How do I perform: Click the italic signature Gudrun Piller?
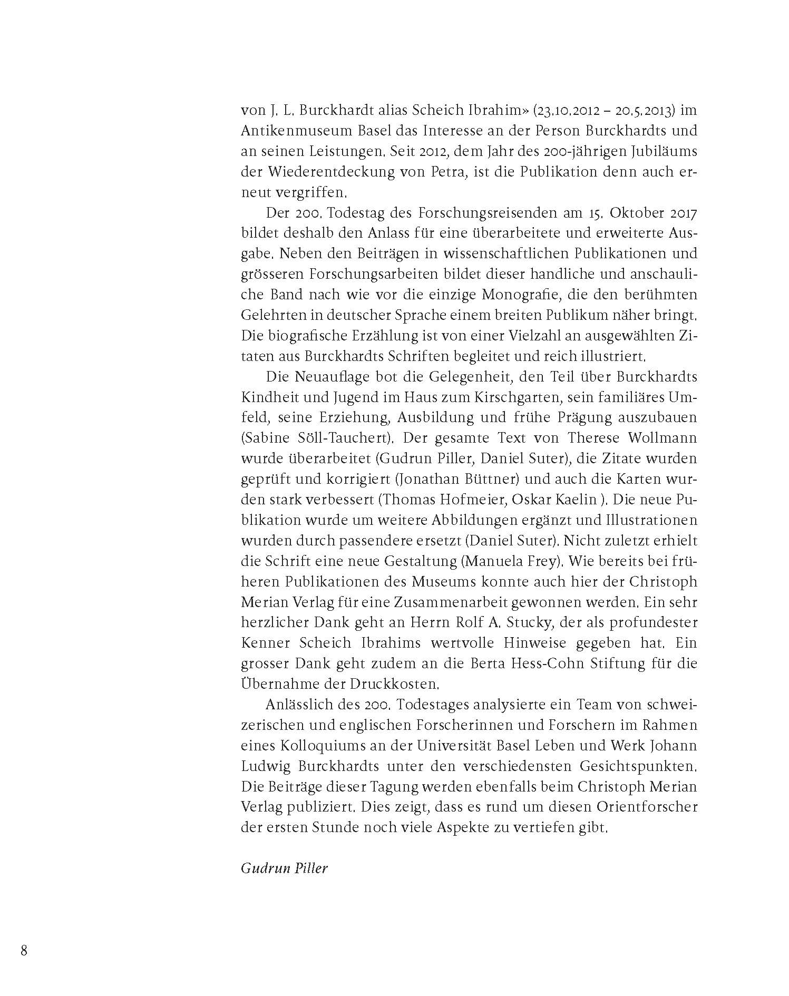[x=284, y=868]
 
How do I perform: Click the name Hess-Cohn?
[x=547, y=664]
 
